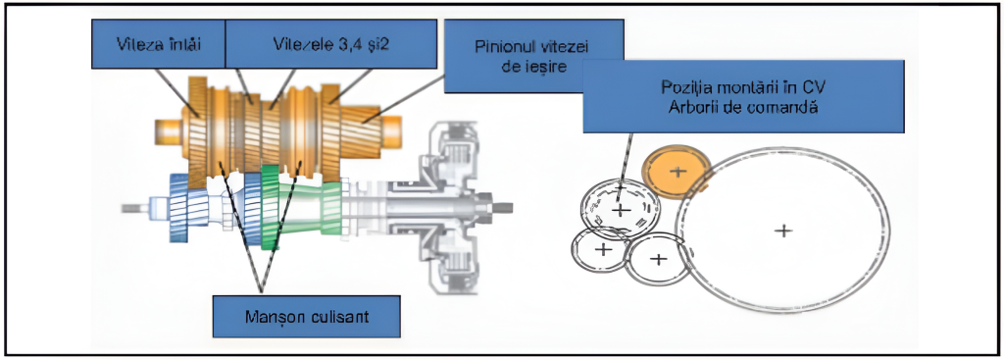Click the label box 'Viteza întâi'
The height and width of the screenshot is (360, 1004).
coord(158,43)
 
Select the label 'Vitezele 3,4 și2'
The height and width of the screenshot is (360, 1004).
coord(330,43)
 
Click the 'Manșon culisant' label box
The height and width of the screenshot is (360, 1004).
coord(306,318)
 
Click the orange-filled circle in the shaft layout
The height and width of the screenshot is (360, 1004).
coord(677,171)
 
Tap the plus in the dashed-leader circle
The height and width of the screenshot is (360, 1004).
coord(620,210)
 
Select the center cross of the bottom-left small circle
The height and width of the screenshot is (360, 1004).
coord(602,249)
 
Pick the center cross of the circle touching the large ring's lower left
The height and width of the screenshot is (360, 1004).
coord(658,259)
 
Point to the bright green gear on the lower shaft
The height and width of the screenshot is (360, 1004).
coord(271,206)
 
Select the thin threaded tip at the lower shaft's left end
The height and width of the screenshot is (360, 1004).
coord(135,208)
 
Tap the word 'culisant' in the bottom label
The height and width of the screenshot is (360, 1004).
coord(344,318)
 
